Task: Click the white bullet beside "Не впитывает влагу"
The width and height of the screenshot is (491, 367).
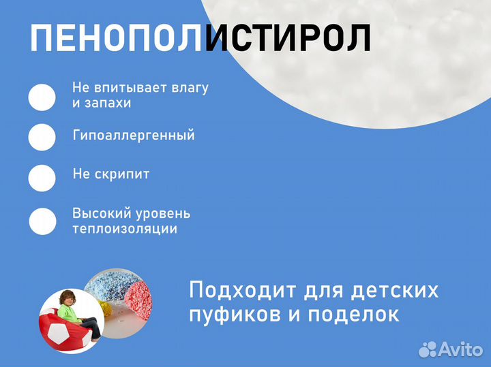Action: point(42,97)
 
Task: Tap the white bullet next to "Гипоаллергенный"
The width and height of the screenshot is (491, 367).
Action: point(42,137)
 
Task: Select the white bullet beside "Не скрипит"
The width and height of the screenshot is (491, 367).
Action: point(42,178)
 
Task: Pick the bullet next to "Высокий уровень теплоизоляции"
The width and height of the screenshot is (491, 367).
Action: point(42,221)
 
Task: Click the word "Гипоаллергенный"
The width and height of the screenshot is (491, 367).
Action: point(134,135)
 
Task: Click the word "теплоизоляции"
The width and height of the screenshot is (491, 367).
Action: point(125,229)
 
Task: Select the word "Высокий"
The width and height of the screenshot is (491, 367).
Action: point(97,213)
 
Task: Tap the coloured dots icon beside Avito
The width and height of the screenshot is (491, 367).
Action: point(428,349)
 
